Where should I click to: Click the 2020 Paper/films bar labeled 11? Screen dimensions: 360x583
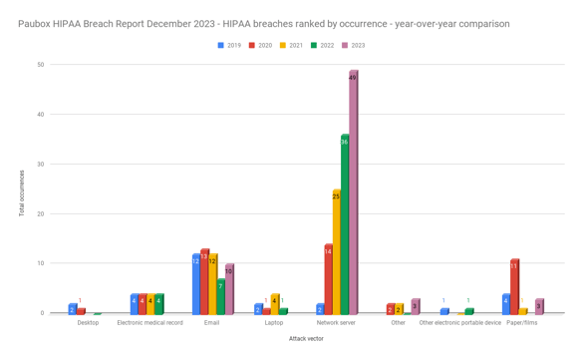pyautogui.click(x=514, y=287)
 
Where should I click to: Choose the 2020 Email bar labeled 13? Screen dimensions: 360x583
pyautogui.click(x=204, y=282)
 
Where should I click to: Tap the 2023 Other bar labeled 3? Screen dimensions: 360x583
pyautogui.click(x=415, y=306)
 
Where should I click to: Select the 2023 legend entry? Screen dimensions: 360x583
pyautogui.click(x=353, y=45)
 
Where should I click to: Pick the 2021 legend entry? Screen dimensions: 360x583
pyautogui.click(x=290, y=45)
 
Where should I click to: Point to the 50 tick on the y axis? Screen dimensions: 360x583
pyautogui.click(x=40, y=65)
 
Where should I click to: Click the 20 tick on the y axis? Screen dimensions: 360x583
pyautogui.click(x=40, y=213)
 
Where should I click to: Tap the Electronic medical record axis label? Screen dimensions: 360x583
pyautogui.click(x=149, y=323)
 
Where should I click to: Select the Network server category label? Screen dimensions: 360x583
pyautogui.click(x=336, y=323)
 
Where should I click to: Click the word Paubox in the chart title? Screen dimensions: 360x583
pyautogui.click(x=37, y=23)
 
